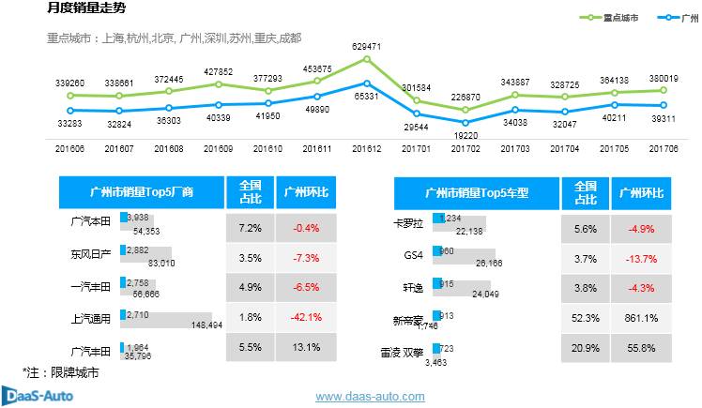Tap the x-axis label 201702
465,148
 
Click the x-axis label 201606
69,148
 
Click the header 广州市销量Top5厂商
141,193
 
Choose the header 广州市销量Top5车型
478,193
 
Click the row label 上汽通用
91,318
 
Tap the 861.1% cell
642,318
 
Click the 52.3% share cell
586,318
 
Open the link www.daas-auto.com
370,397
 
